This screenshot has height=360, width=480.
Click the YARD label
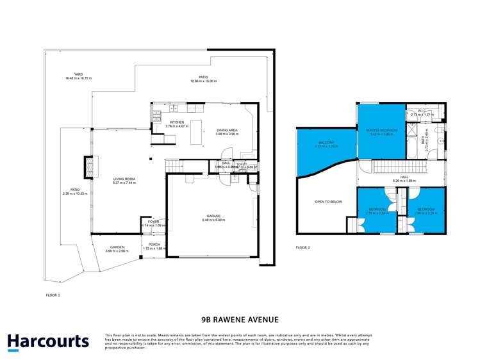pos(78,74)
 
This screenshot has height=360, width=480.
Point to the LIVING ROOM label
pos(124,179)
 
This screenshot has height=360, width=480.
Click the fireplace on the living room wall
pos(85,168)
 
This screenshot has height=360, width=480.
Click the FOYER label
pos(154,222)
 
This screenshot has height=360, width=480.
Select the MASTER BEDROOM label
pos(382,130)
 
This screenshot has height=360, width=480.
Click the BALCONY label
pos(326,143)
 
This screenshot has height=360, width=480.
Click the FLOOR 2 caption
pos(302,247)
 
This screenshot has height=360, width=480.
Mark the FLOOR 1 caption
pos(53,295)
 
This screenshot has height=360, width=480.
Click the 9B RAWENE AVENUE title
pos(240,318)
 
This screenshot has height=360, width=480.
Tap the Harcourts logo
pos(48,341)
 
